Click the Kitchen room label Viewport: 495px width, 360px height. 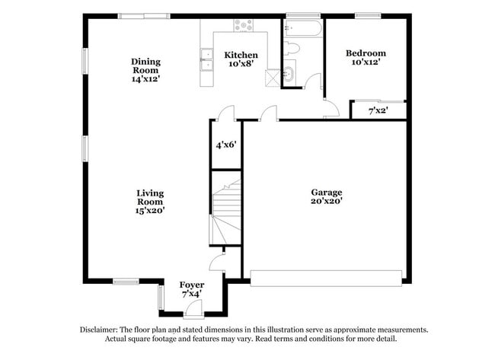pos(241,59)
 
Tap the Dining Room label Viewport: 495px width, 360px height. pos(145,70)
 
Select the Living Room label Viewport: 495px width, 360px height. pos(150,202)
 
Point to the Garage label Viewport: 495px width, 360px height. pos(327,196)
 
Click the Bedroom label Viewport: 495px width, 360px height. pos(366,57)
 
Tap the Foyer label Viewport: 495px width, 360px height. pos(192,289)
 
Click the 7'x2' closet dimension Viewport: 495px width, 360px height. pos(378,111)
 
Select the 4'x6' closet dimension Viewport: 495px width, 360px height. pos(226,145)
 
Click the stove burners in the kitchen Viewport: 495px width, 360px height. pos(243,25)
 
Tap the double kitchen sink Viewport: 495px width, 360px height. pos(207,59)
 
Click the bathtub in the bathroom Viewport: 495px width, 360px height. pos(302,28)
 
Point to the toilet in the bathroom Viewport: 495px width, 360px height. pos(291,48)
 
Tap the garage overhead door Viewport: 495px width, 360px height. pos(326,279)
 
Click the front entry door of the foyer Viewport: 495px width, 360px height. pos(193,309)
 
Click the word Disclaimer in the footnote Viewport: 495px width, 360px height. pos(99,330)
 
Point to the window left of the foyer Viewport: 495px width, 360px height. pos(161,298)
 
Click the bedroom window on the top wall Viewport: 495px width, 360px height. pos(368,15)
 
